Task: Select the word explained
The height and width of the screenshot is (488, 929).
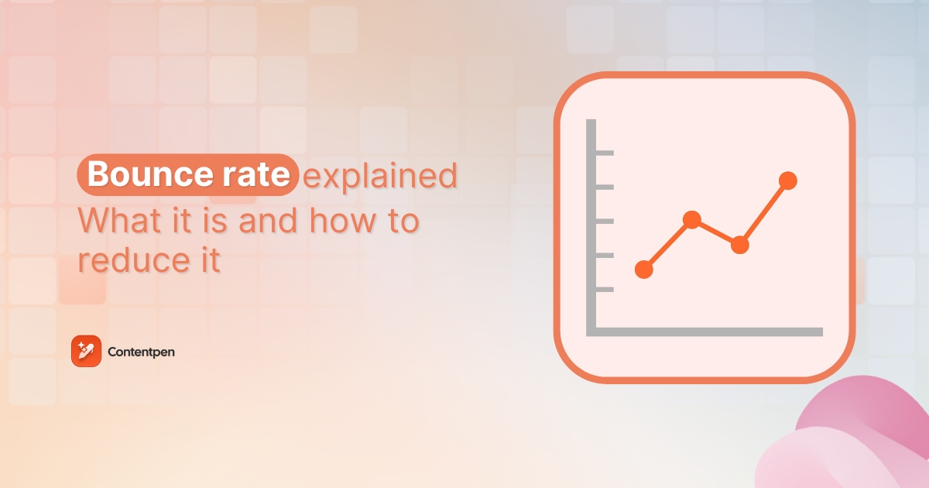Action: pos(380,177)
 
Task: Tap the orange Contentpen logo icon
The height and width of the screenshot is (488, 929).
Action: pos(86,352)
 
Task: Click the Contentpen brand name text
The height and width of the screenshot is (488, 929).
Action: pos(142,352)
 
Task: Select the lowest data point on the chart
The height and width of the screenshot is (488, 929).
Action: pos(643,270)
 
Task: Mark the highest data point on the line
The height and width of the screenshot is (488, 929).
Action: pos(787,180)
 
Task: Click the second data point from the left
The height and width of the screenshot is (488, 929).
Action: pos(692,220)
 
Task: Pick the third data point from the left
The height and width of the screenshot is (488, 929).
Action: pos(740,245)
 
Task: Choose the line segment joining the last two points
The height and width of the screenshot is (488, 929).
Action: pos(764,212)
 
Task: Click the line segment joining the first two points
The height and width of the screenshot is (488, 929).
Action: pos(667,245)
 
